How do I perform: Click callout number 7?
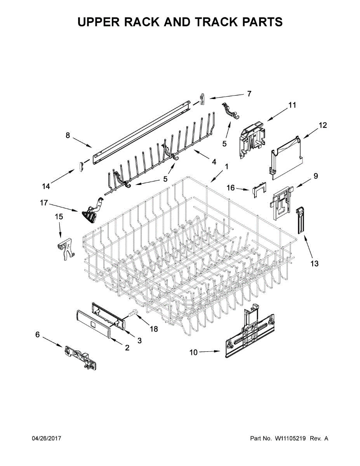pos(249,94)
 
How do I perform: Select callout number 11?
pos(292,105)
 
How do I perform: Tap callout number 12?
pos(323,125)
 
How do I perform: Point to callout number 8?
pos(68,136)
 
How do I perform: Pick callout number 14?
pos(46,186)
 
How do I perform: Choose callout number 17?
pos(43,203)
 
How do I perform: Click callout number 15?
pos(59,217)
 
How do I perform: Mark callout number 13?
pos(314,264)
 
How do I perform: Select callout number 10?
pos(193,352)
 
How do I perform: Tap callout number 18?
pos(154,329)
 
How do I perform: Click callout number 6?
pos(38,334)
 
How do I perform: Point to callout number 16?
pos(231,188)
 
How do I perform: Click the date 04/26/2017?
pos(46,438)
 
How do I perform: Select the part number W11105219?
pos(291,438)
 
